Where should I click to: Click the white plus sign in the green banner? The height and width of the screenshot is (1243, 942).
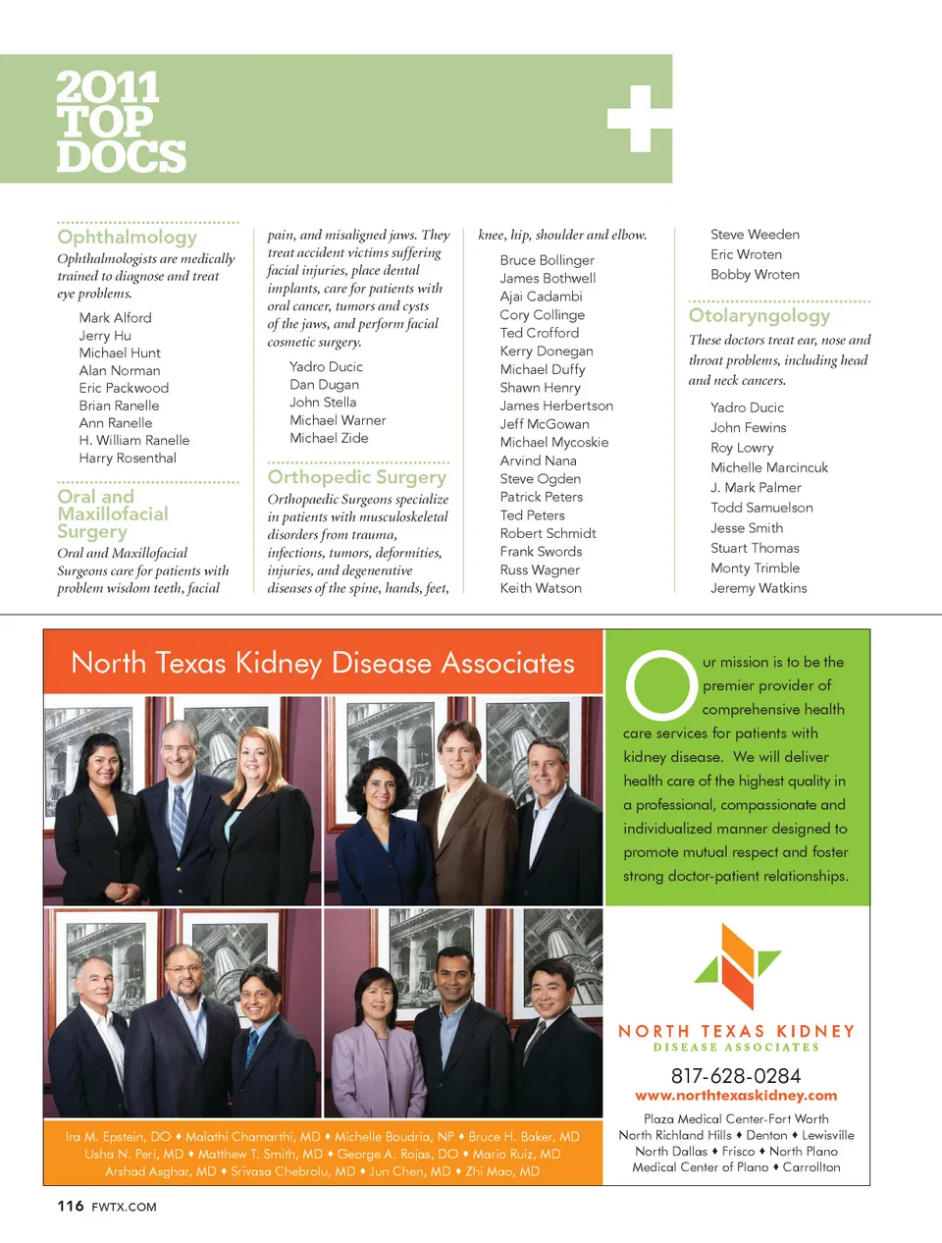tap(639, 119)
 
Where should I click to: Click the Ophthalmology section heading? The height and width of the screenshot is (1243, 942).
tap(127, 237)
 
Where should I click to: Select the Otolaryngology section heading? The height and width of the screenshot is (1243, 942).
tap(759, 315)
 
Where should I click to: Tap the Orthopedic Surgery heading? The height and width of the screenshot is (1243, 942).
tap(356, 477)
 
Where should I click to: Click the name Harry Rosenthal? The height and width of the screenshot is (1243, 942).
tap(128, 458)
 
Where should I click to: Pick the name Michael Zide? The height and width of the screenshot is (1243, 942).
tap(329, 438)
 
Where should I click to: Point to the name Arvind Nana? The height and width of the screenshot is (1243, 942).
tap(538, 460)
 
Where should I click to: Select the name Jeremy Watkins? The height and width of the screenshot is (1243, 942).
tap(759, 588)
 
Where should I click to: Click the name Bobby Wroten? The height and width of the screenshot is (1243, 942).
tap(755, 275)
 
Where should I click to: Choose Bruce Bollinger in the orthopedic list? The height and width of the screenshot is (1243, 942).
tap(547, 260)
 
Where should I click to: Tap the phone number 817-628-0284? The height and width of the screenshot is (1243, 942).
tap(736, 1076)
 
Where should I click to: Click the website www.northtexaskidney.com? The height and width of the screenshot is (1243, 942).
tap(736, 1096)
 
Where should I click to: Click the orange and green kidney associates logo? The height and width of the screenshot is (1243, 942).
tap(737, 966)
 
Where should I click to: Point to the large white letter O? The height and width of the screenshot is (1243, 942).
tap(660, 685)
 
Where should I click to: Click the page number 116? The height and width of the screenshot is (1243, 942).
tap(70, 1206)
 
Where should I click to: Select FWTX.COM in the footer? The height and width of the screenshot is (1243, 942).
tap(124, 1207)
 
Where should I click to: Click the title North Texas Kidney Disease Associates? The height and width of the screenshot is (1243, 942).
tap(323, 663)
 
